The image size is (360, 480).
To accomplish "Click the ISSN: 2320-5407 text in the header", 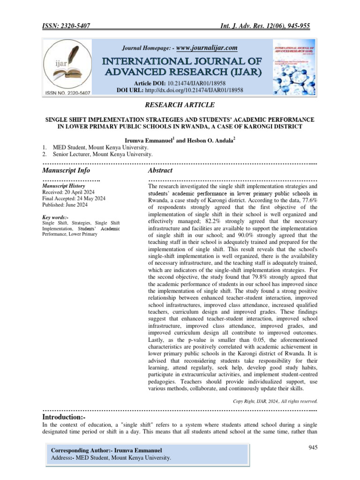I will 67,26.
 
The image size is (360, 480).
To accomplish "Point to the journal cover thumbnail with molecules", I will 293,68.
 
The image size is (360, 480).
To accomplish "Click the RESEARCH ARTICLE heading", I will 180,105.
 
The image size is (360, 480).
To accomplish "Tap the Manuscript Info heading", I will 66,170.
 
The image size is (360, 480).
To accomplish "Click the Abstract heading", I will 160,170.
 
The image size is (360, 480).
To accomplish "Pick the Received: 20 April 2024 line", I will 68,192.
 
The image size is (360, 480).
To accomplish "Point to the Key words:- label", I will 55,217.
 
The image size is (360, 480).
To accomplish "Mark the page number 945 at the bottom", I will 313,448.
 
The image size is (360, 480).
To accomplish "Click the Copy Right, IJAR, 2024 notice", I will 275,401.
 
